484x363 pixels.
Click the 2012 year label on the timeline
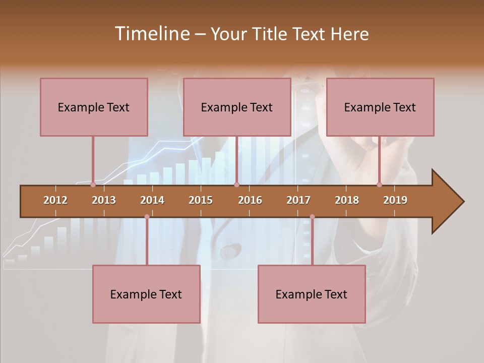55,200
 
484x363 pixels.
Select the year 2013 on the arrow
104,200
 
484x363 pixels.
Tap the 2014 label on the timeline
152,200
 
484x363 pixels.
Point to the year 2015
201,200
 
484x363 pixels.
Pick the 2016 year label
250,200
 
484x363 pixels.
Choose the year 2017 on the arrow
298,200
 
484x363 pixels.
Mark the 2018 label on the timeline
347,200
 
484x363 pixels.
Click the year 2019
395,200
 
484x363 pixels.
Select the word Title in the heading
271,34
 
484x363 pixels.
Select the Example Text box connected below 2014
146,294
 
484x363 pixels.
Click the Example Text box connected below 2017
312,294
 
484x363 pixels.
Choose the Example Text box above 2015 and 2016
237,107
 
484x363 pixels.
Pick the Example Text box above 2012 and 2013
94,107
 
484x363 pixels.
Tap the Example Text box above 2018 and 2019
380,107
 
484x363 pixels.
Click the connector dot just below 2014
147,217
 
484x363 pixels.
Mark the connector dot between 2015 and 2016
236,185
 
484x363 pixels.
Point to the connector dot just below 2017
312,217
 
